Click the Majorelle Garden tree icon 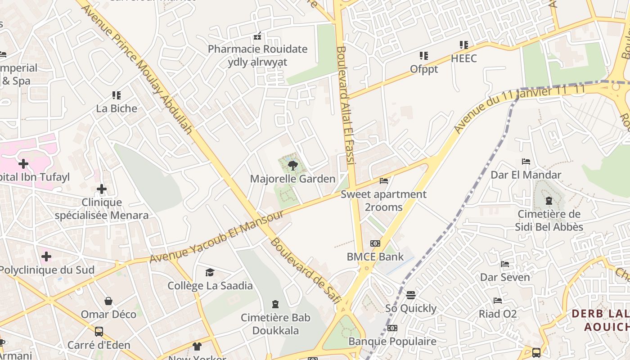pyautogui.click(x=293, y=165)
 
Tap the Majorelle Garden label pyautogui.click(x=293, y=179)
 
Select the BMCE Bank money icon pyautogui.click(x=375, y=243)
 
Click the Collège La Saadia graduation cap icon pyautogui.click(x=210, y=272)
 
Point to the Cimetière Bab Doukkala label pyautogui.click(x=275, y=324)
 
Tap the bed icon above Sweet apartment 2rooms pyautogui.click(x=384, y=181)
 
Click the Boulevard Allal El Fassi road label pyautogui.click(x=346, y=108)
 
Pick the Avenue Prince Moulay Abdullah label pyautogui.click(x=140, y=70)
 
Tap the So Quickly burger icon pyautogui.click(x=410, y=295)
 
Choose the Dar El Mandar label pyautogui.click(x=526, y=175)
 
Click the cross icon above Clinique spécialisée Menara pyautogui.click(x=102, y=189)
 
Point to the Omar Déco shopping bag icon pyautogui.click(x=108, y=301)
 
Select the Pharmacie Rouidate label pyautogui.click(x=257, y=49)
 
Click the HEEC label pyautogui.click(x=463, y=58)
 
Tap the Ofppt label pyautogui.click(x=424, y=69)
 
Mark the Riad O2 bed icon pyautogui.click(x=497, y=300)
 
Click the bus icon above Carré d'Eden pyautogui.click(x=99, y=332)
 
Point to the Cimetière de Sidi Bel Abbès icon pyautogui.click(x=549, y=201)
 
